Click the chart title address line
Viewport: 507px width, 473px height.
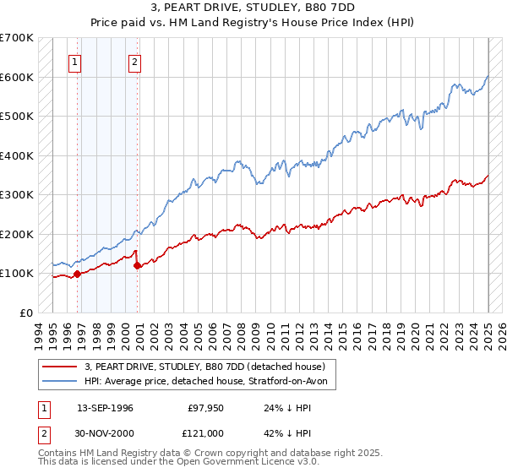253,8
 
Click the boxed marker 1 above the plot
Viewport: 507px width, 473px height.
75,61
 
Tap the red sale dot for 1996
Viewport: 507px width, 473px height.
77,274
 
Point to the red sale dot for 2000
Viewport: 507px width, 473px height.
137,265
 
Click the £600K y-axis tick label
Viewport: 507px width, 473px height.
16,77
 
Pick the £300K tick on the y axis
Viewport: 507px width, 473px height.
16,194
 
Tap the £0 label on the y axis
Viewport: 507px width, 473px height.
25,313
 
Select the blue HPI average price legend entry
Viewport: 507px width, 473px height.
210,382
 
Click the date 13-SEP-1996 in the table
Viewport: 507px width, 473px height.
105,408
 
